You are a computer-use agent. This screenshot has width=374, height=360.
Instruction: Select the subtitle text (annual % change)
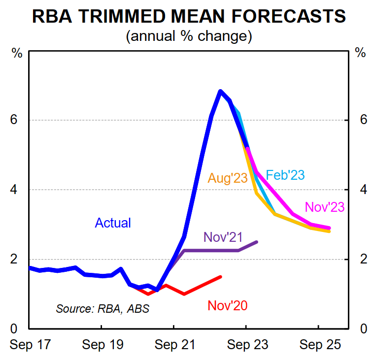coord(189,36)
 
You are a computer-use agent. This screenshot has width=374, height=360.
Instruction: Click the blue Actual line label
coord(113,223)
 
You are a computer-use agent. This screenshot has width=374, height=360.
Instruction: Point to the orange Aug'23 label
coord(227,178)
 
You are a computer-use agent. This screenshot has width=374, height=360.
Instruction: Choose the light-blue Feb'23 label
coord(285,175)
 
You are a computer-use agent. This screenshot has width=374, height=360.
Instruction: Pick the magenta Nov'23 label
coord(325,207)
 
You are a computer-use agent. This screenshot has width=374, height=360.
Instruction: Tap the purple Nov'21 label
coord(223,238)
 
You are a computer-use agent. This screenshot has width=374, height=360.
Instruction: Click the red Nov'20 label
coord(227,306)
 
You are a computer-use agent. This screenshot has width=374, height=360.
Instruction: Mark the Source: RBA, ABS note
coord(102,309)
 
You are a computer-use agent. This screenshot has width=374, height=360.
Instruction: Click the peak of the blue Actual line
coord(220,91)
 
